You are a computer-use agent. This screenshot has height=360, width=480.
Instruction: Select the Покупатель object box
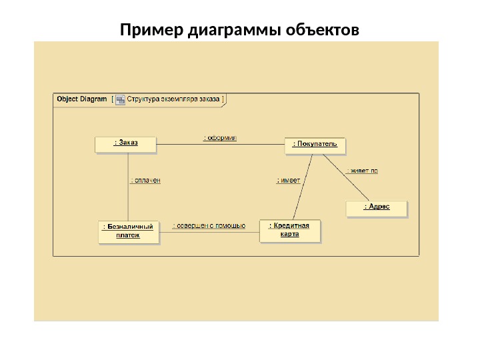315,145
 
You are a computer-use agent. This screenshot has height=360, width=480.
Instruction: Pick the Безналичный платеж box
129,231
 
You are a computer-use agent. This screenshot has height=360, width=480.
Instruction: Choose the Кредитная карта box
289,230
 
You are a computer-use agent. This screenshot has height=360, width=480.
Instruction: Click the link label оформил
220,138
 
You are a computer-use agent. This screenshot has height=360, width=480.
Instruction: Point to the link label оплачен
145,180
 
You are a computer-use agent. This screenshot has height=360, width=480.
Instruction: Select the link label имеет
289,180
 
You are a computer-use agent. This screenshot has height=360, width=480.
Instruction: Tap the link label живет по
362,171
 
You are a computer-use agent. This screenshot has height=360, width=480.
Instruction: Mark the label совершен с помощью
209,226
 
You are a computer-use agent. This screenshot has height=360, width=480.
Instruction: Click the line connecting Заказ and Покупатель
220,144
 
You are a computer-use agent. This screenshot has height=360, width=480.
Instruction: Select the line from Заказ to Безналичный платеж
128,193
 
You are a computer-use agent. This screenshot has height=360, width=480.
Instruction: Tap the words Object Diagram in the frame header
82,99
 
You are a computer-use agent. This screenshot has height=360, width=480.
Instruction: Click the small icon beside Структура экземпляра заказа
120,99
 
